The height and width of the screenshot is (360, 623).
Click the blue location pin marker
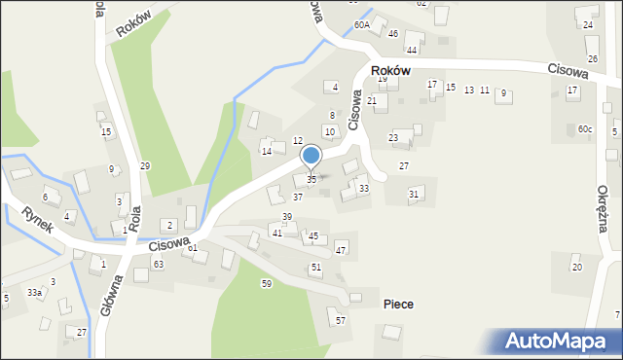[x=311, y=157]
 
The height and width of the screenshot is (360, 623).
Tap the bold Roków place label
[x=389, y=72]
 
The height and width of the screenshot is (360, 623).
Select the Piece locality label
[x=397, y=305]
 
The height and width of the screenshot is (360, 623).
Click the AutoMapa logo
[x=561, y=341]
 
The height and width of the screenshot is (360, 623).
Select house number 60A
[x=362, y=25]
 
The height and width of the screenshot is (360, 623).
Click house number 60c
[x=584, y=129]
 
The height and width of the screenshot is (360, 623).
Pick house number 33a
[x=34, y=292]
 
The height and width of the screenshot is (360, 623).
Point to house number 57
[x=340, y=320]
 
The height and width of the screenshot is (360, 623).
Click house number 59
[x=266, y=283]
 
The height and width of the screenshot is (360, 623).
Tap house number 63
[x=158, y=265]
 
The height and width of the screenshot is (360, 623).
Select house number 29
[x=145, y=166]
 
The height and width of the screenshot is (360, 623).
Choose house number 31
[x=414, y=195]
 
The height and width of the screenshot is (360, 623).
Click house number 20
[x=576, y=267]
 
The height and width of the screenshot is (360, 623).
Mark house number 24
[x=588, y=24]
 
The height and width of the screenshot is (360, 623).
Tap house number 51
[x=315, y=267]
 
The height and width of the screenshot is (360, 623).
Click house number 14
[x=266, y=152]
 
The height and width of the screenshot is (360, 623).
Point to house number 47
[x=341, y=251]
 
